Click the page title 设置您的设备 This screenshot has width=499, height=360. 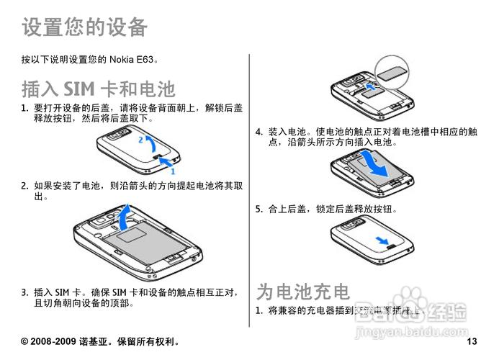click(84, 27)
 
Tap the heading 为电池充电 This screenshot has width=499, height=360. click(303, 291)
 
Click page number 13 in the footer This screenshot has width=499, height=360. click(472, 341)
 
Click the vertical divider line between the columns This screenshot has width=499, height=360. click(249, 187)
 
